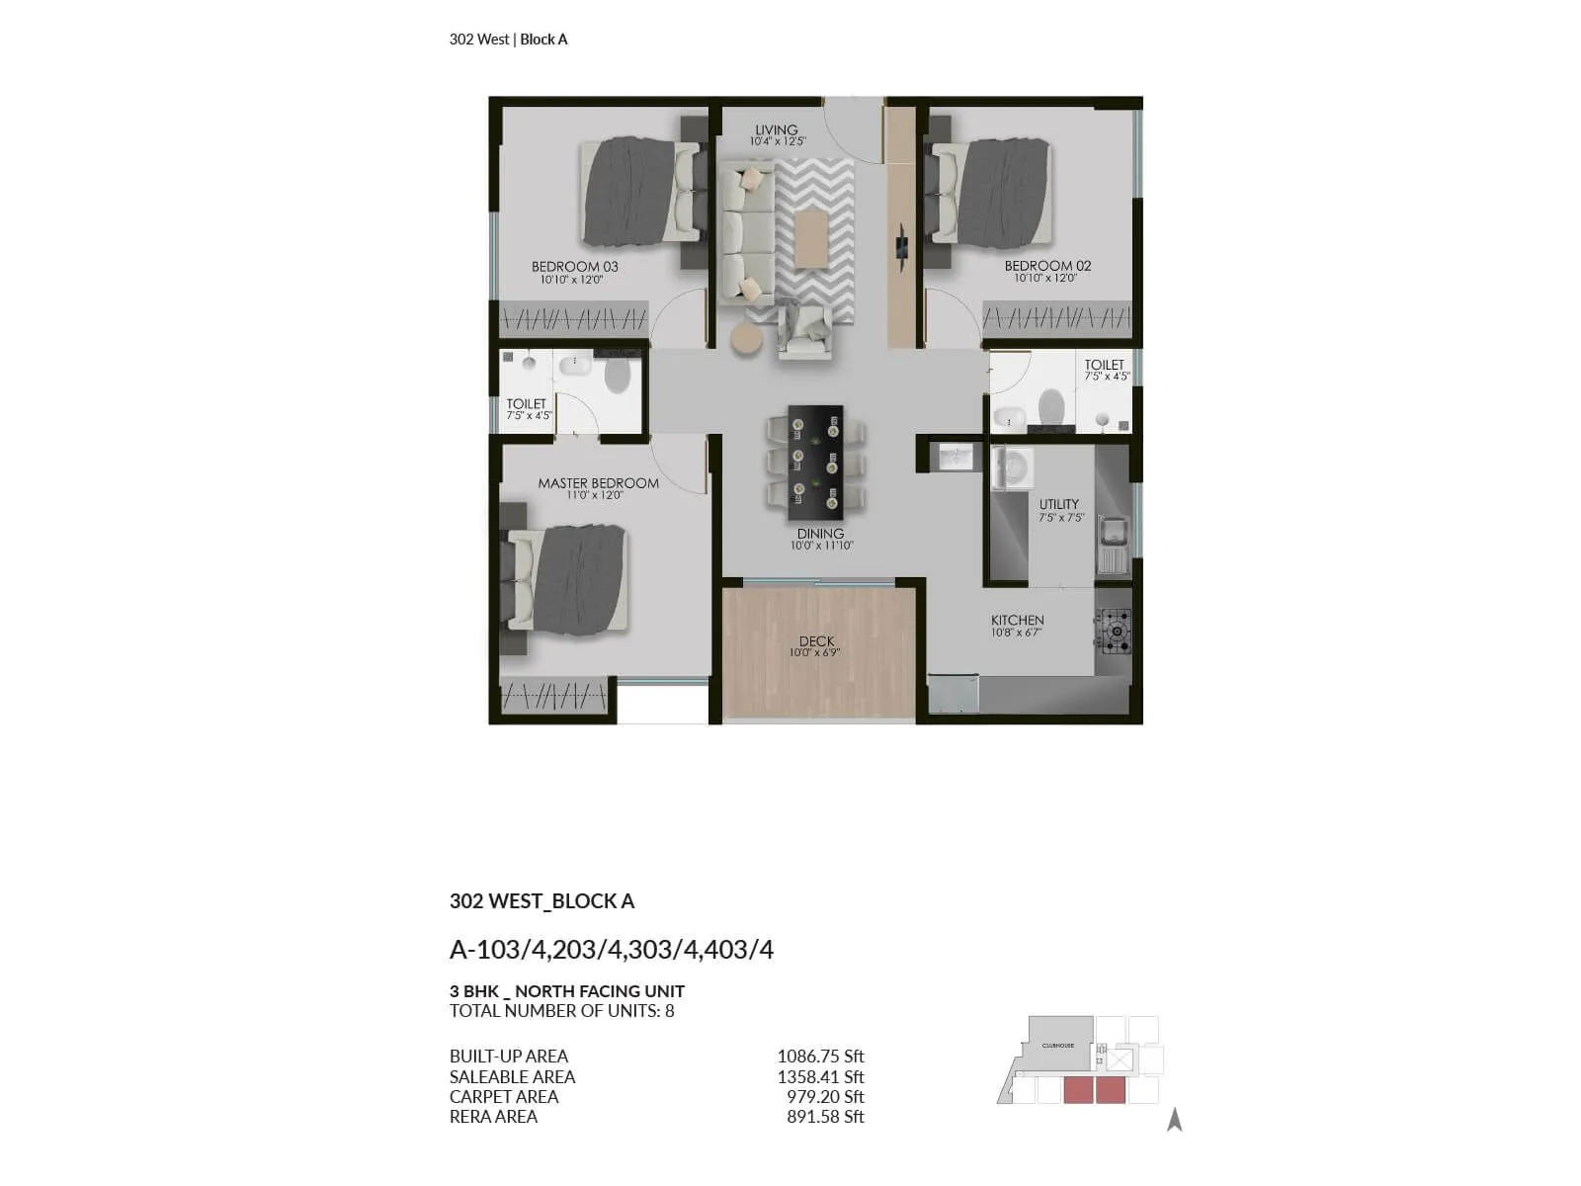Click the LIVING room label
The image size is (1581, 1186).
click(x=776, y=130)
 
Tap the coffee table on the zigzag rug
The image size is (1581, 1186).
click(x=811, y=238)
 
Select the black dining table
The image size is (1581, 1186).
click(x=815, y=463)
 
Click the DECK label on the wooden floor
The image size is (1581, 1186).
click(x=816, y=641)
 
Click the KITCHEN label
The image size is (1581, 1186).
click(x=1017, y=621)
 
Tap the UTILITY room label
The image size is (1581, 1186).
click(x=1058, y=504)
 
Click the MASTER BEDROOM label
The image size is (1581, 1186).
click(x=598, y=483)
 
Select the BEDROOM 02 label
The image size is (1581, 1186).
click(x=1047, y=266)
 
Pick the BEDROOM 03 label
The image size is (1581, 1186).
click(x=574, y=267)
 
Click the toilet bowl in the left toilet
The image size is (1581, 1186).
click(x=617, y=375)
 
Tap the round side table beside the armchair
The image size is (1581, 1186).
click(x=746, y=338)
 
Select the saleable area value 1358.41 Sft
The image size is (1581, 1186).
click(x=820, y=1077)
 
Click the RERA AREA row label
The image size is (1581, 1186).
click(x=493, y=1117)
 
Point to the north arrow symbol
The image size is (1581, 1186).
click(x=1174, y=1119)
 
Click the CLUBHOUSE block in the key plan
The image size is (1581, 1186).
click(x=1058, y=1044)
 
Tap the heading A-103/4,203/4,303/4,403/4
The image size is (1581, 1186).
click(x=611, y=950)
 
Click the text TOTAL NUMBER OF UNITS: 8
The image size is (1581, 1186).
click(x=561, y=1011)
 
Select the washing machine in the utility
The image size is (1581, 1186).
click(x=1012, y=467)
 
